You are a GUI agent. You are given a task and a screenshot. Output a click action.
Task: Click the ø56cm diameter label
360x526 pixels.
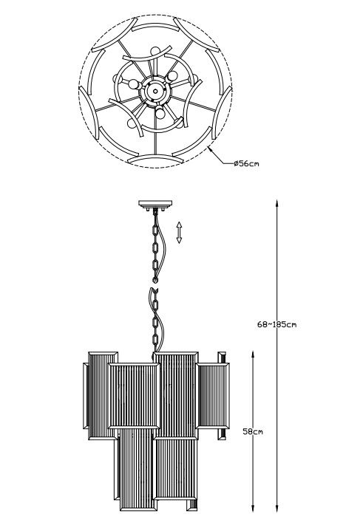pyautogui.click(x=246, y=164)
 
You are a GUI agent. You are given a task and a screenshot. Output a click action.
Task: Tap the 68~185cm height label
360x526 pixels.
pyautogui.click(x=277, y=324)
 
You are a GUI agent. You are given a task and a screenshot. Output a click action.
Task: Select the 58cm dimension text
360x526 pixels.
pyautogui.click(x=253, y=431)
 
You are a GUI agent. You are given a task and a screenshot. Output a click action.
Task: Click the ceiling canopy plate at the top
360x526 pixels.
pyautogui.click(x=155, y=203)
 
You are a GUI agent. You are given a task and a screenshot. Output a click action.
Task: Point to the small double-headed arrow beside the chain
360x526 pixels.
pyautogui.click(x=179, y=232)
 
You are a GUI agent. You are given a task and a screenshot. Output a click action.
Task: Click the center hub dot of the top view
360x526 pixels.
pyautogui.click(x=155, y=90)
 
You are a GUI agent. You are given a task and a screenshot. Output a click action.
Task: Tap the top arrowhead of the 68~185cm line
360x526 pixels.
pyautogui.click(x=277, y=203)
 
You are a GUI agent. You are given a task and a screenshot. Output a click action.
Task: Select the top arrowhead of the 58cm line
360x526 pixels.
pyautogui.click(x=253, y=355)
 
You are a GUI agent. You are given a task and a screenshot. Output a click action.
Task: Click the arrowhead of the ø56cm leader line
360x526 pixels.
pyautogui.click(x=210, y=149)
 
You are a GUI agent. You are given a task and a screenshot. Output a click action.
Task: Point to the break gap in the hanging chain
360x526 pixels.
pyautogui.click(x=154, y=284)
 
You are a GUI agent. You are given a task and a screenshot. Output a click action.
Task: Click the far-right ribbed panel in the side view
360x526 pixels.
pyautogui.click(x=213, y=396)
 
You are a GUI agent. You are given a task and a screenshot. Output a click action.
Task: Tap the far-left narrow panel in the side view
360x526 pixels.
pyautogui.click(x=86, y=396)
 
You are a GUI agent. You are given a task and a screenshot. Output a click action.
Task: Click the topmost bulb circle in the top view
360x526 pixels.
pyautogui.click(x=155, y=51)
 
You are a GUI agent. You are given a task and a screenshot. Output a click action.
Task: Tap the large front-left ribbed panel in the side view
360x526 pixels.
pyautogui.click(x=134, y=396)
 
